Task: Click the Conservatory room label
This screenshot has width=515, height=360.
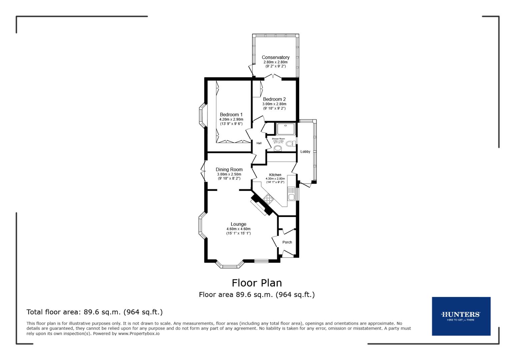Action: (275, 57)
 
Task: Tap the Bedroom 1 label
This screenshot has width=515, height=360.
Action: (231, 115)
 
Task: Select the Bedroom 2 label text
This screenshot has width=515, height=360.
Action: (274, 99)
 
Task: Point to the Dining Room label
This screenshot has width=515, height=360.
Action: (229, 169)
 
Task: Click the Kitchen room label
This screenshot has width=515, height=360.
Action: (275, 175)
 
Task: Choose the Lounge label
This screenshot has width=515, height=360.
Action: (238, 224)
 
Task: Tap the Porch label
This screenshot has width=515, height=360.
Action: (287, 242)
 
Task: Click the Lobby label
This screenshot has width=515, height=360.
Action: (305, 152)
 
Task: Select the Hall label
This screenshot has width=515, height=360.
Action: (259, 143)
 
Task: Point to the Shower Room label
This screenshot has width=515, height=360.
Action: (278, 139)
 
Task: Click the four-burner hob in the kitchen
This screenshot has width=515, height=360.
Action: (268, 199)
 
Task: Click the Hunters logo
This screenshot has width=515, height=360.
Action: (461, 316)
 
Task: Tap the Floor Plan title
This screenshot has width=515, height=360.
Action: (256, 283)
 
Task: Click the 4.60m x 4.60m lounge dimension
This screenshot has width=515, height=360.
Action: (238, 229)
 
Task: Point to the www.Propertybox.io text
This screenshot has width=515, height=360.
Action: (139, 333)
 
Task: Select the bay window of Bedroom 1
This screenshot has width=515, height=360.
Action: (201, 115)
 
